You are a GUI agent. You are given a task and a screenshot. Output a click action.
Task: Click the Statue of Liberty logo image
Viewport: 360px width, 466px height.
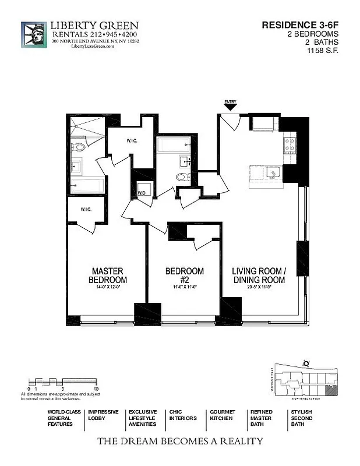34,36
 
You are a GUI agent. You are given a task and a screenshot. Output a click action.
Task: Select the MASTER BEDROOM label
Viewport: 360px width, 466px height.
108,276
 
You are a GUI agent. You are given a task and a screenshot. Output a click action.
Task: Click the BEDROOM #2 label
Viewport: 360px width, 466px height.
185,276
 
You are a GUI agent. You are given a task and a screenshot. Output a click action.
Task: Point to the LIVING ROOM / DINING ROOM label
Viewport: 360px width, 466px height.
259,276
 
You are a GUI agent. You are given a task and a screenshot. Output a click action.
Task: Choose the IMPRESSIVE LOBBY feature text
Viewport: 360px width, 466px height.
103,415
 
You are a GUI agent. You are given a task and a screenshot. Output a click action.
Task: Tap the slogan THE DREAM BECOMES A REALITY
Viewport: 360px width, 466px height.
179,441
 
